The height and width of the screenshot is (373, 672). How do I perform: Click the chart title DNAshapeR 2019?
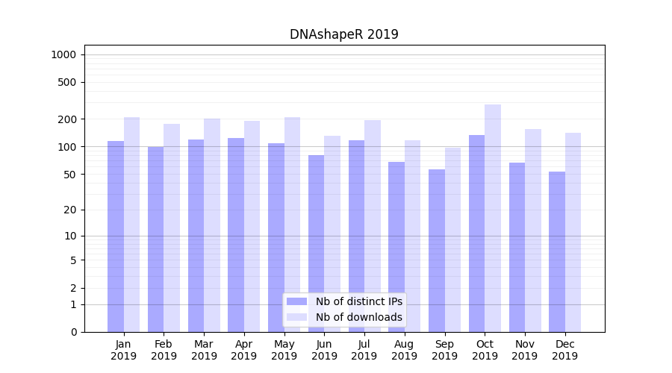pos(343,34)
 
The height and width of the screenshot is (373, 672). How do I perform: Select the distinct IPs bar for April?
pos(236,235)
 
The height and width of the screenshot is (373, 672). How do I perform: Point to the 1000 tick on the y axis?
pos(63,54)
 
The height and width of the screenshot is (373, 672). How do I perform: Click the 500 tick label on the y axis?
pos(67,82)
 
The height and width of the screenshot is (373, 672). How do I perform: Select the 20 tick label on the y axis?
pos(70,210)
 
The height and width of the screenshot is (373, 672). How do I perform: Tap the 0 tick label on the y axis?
pos(73,332)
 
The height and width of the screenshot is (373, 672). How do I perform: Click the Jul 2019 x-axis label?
pos(364,350)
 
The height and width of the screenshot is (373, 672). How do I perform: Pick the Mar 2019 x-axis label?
pos(204,350)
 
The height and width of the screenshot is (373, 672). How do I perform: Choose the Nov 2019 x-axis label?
pos(525,350)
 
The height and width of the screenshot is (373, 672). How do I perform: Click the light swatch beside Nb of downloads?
pos(296,317)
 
